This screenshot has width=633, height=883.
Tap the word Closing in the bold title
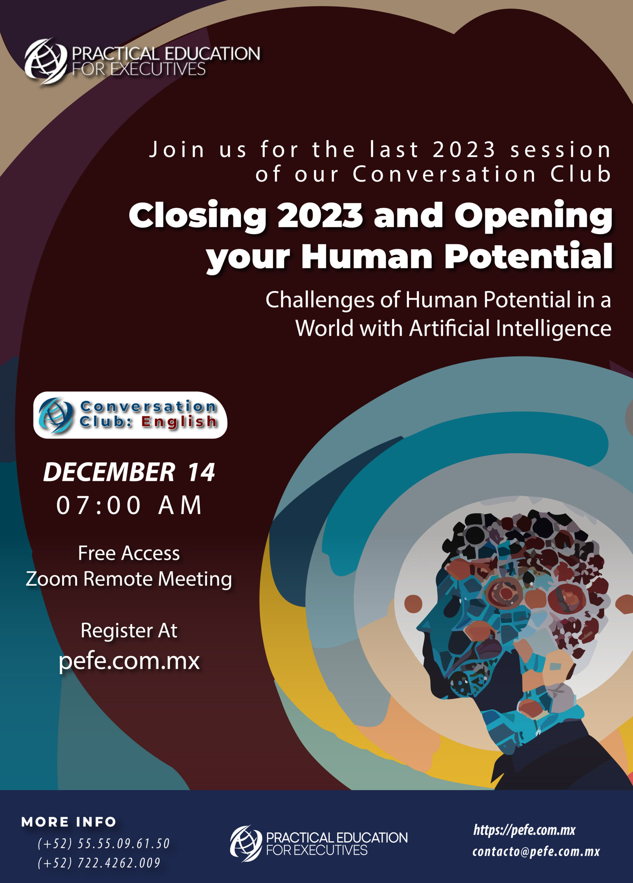198,217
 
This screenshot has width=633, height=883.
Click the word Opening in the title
533,217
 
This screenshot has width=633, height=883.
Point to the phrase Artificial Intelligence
510,328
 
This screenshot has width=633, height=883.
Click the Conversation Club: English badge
130,415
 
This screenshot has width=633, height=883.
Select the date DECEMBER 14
129,472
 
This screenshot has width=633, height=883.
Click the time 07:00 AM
129,505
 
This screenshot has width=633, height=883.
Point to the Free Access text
129,553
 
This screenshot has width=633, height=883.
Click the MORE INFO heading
69,822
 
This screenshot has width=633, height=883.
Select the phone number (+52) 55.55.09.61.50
104,843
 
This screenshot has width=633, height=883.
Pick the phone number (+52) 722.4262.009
99,863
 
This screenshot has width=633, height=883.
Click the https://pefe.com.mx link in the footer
524,831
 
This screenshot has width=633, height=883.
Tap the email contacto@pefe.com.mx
536,852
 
